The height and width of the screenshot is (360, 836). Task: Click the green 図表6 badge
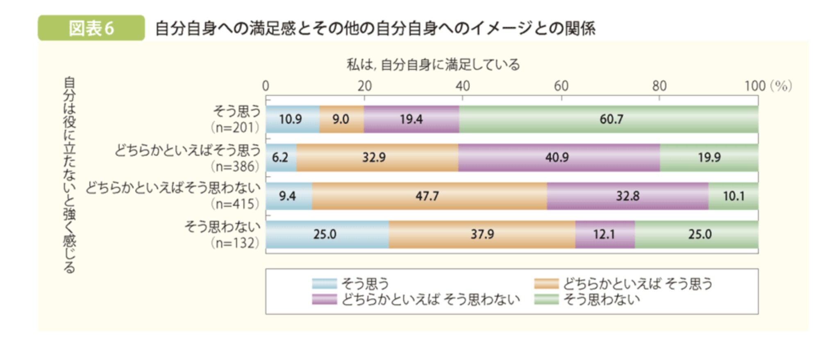[91, 28]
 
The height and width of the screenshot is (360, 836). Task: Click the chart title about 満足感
[375, 28]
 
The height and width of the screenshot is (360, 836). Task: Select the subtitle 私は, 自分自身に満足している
[433, 64]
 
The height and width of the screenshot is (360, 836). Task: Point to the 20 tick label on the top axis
[364, 86]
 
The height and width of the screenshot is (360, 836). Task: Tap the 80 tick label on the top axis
[659, 86]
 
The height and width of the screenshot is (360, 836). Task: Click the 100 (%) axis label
[768, 86]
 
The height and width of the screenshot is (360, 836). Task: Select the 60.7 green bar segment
[609, 119]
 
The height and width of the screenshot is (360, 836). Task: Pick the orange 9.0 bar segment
[341, 119]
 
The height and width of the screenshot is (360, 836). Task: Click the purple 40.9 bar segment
[559, 157]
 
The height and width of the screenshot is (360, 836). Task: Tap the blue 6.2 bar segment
[281, 157]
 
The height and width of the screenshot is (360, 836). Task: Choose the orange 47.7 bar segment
[429, 196]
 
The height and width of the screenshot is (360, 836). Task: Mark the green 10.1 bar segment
[733, 196]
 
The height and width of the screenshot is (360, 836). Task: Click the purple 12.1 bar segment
[604, 235]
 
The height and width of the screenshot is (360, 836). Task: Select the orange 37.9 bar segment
[482, 235]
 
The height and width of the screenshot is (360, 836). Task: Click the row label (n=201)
[235, 128]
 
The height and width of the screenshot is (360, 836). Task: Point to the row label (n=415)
[235, 204]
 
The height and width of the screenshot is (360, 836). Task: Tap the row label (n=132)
[235, 243]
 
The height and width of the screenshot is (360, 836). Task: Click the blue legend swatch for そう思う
[324, 284]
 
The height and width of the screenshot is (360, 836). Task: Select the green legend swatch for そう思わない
[546, 299]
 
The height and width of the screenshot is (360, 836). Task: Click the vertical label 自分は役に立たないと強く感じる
[69, 175]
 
